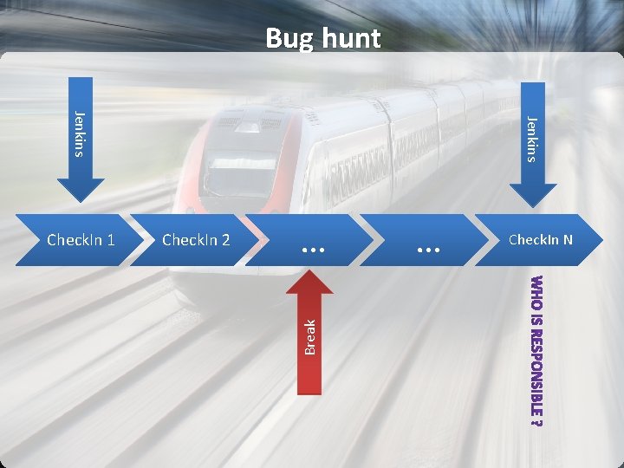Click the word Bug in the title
point(288,39)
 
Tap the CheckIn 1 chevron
point(81,239)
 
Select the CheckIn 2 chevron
point(197,239)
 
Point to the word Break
point(310,336)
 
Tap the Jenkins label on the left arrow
point(80,134)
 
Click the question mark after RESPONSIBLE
point(537,424)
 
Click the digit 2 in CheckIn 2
point(225,239)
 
